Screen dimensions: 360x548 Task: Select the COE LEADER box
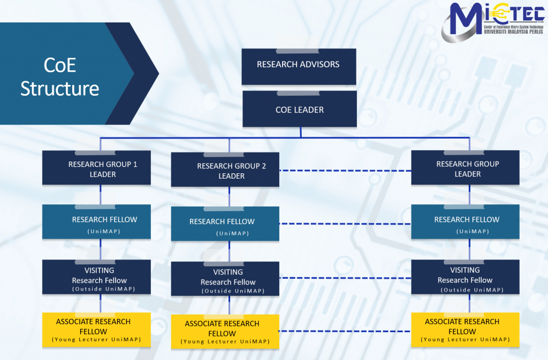click(300, 109)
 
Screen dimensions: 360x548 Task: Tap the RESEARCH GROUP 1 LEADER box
click(96, 168)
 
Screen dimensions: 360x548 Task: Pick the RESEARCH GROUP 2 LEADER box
click(225, 171)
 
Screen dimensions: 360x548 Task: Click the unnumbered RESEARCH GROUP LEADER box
click(465, 168)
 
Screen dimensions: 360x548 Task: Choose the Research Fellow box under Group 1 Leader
click(96, 223)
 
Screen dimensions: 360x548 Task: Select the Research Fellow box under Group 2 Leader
click(225, 225)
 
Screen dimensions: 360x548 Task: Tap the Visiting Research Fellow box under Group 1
click(96, 277)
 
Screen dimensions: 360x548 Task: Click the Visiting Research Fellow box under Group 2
click(225, 279)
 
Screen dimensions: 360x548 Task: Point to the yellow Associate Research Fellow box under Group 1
click(96, 330)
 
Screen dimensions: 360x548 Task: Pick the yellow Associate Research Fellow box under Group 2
click(225, 332)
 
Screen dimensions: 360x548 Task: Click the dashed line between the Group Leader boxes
click(345, 171)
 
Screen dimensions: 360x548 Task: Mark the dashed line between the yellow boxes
click(345, 331)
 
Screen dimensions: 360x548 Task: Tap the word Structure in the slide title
click(60, 88)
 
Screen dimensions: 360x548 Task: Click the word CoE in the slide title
click(60, 65)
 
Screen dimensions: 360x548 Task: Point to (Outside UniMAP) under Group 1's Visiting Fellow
click(103, 289)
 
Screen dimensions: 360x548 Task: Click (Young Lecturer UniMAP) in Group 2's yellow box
click(225, 341)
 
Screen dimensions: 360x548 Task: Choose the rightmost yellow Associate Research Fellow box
click(465, 330)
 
